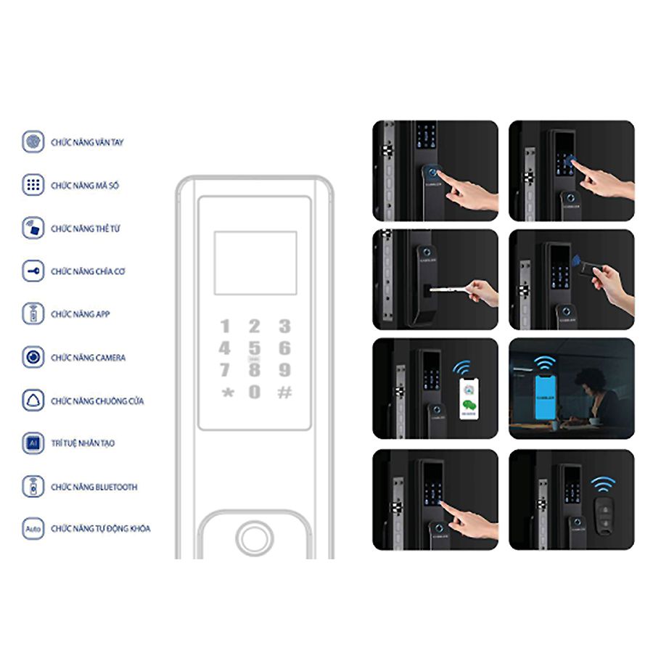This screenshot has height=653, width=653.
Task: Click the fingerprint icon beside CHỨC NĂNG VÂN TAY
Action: tap(32, 141)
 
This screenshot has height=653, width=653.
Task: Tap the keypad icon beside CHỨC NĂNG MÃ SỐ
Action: tap(32, 185)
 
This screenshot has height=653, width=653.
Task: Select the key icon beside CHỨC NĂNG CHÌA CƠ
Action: tap(32, 271)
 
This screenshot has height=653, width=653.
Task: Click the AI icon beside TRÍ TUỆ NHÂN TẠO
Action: tap(32, 443)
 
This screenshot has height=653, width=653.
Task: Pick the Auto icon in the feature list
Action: tap(32, 528)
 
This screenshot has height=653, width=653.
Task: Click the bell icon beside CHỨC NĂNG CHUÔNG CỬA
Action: tap(32, 401)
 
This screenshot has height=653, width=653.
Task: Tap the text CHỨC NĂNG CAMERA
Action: tap(88, 358)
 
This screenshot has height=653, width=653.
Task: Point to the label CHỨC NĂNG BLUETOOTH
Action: tap(94, 487)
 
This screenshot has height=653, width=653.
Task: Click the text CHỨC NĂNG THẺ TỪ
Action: tap(86, 229)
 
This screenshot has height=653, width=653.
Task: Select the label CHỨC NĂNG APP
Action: tap(80, 314)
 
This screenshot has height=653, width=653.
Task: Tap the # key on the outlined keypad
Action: tap(285, 393)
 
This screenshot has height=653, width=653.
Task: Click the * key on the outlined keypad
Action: tap(226, 393)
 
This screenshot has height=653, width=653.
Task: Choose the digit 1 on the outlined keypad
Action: tap(226, 326)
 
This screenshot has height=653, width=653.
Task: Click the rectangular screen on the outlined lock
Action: tap(255, 263)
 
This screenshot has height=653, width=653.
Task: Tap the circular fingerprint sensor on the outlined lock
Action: tap(255, 538)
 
